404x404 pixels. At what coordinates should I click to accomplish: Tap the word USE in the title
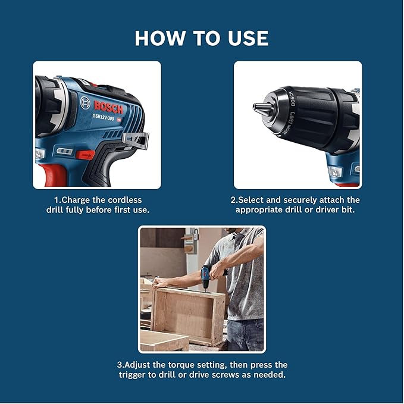pyautogui.click(x=245, y=37)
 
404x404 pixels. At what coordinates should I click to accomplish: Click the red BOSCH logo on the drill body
pyautogui.click(x=108, y=107)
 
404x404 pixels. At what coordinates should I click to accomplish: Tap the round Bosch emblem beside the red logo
pyautogui.click(x=84, y=102)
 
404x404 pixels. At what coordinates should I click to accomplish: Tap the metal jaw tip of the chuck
pyautogui.click(x=259, y=108)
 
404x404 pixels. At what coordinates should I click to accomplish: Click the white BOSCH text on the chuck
pyautogui.click(x=291, y=98)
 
